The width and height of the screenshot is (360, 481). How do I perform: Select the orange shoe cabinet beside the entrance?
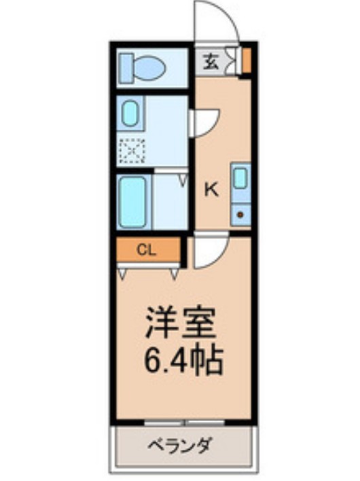(x=247, y=60)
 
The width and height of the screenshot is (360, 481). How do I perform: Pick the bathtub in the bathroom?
(x=132, y=201)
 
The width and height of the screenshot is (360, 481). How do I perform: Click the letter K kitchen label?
(x=212, y=190)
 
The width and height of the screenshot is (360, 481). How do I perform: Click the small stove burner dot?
(x=240, y=214)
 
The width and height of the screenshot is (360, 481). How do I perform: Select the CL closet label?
(x=147, y=249)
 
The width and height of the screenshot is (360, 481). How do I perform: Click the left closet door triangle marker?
(x=123, y=273)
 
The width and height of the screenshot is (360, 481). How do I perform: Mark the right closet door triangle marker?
(x=175, y=273)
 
